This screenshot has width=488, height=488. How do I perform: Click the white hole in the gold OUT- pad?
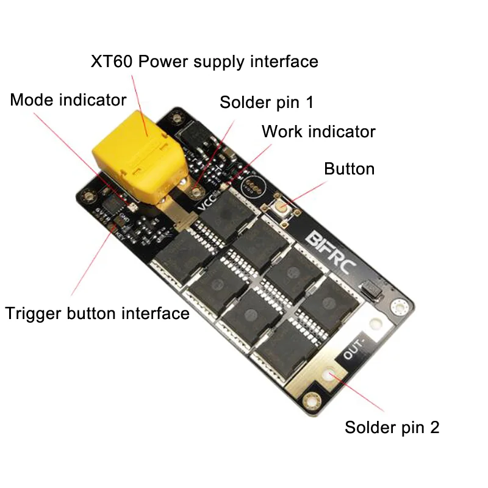332,374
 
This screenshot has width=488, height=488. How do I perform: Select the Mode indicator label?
68,100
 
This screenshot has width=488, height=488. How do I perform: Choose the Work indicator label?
318,131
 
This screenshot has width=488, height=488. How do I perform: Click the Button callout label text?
349,168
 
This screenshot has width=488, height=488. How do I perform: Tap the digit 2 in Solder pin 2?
434,428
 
